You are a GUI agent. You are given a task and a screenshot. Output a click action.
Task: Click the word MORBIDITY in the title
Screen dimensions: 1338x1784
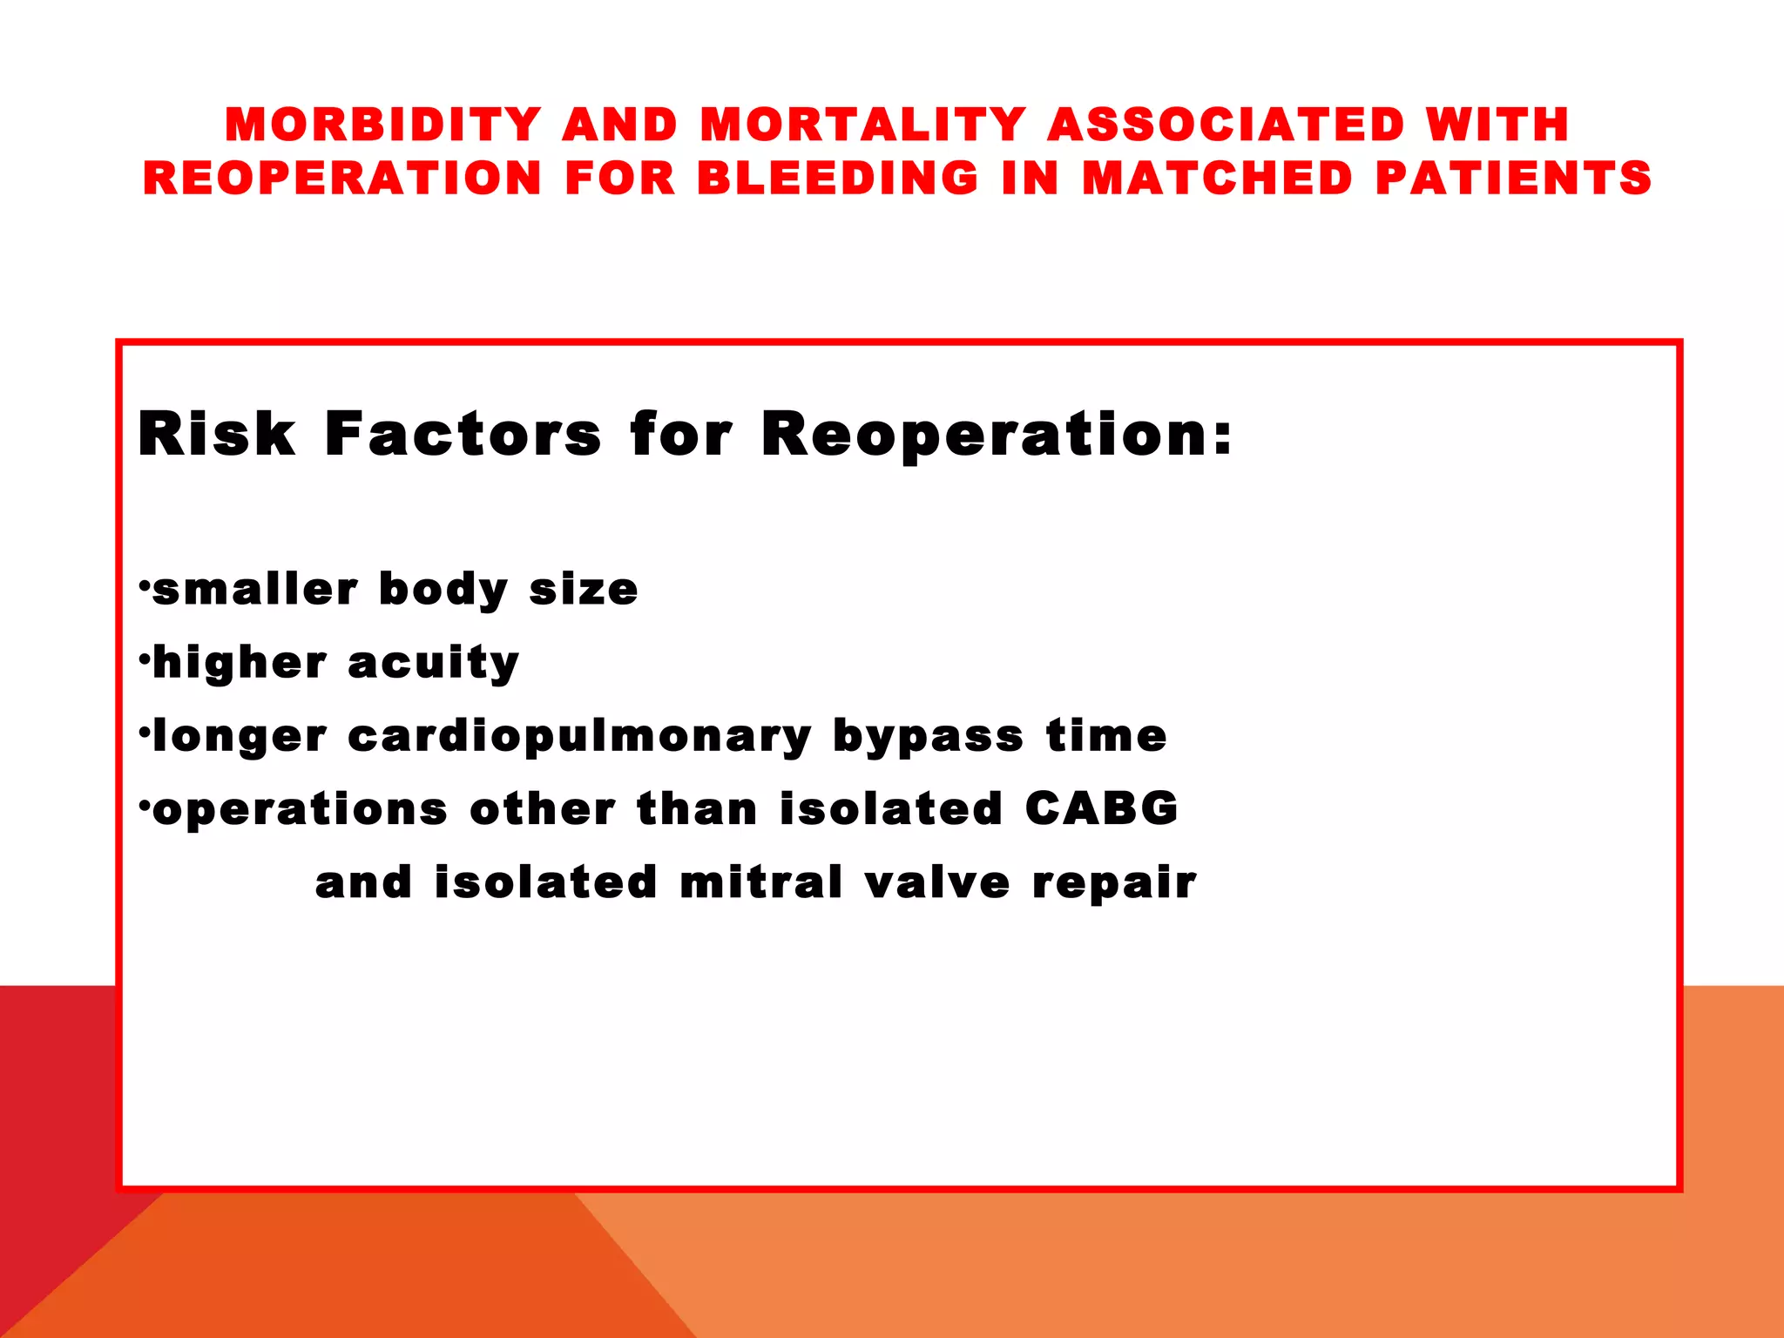tap(384, 125)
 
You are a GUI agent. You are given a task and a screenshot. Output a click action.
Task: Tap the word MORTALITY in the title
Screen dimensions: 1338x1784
tap(863, 125)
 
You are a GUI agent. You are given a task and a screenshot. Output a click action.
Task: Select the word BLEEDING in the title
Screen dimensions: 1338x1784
tap(838, 178)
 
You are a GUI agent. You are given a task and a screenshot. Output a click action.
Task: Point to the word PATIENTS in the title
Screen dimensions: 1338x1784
tap(1513, 178)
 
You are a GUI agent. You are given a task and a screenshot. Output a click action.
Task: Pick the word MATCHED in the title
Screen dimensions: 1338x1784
tap(1218, 178)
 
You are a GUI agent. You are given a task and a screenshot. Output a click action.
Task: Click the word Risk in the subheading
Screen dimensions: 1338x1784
tap(217, 434)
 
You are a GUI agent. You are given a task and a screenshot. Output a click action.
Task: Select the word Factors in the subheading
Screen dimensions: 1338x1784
tap(463, 434)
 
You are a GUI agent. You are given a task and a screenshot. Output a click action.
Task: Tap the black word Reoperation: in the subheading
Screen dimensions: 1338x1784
tap(997, 434)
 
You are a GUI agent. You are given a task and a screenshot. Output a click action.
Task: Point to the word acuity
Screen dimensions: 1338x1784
tap(433, 664)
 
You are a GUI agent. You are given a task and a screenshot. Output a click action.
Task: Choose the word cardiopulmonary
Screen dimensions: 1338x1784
tap(579, 737)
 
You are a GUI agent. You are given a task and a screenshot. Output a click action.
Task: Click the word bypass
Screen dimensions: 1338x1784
tap(928, 737)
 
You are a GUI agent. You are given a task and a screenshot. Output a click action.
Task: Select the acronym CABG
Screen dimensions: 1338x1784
tap(1101, 808)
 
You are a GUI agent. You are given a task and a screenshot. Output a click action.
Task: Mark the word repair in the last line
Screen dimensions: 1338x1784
tap(1114, 883)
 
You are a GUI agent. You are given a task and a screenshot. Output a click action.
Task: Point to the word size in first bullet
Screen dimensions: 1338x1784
tap(584, 590)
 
